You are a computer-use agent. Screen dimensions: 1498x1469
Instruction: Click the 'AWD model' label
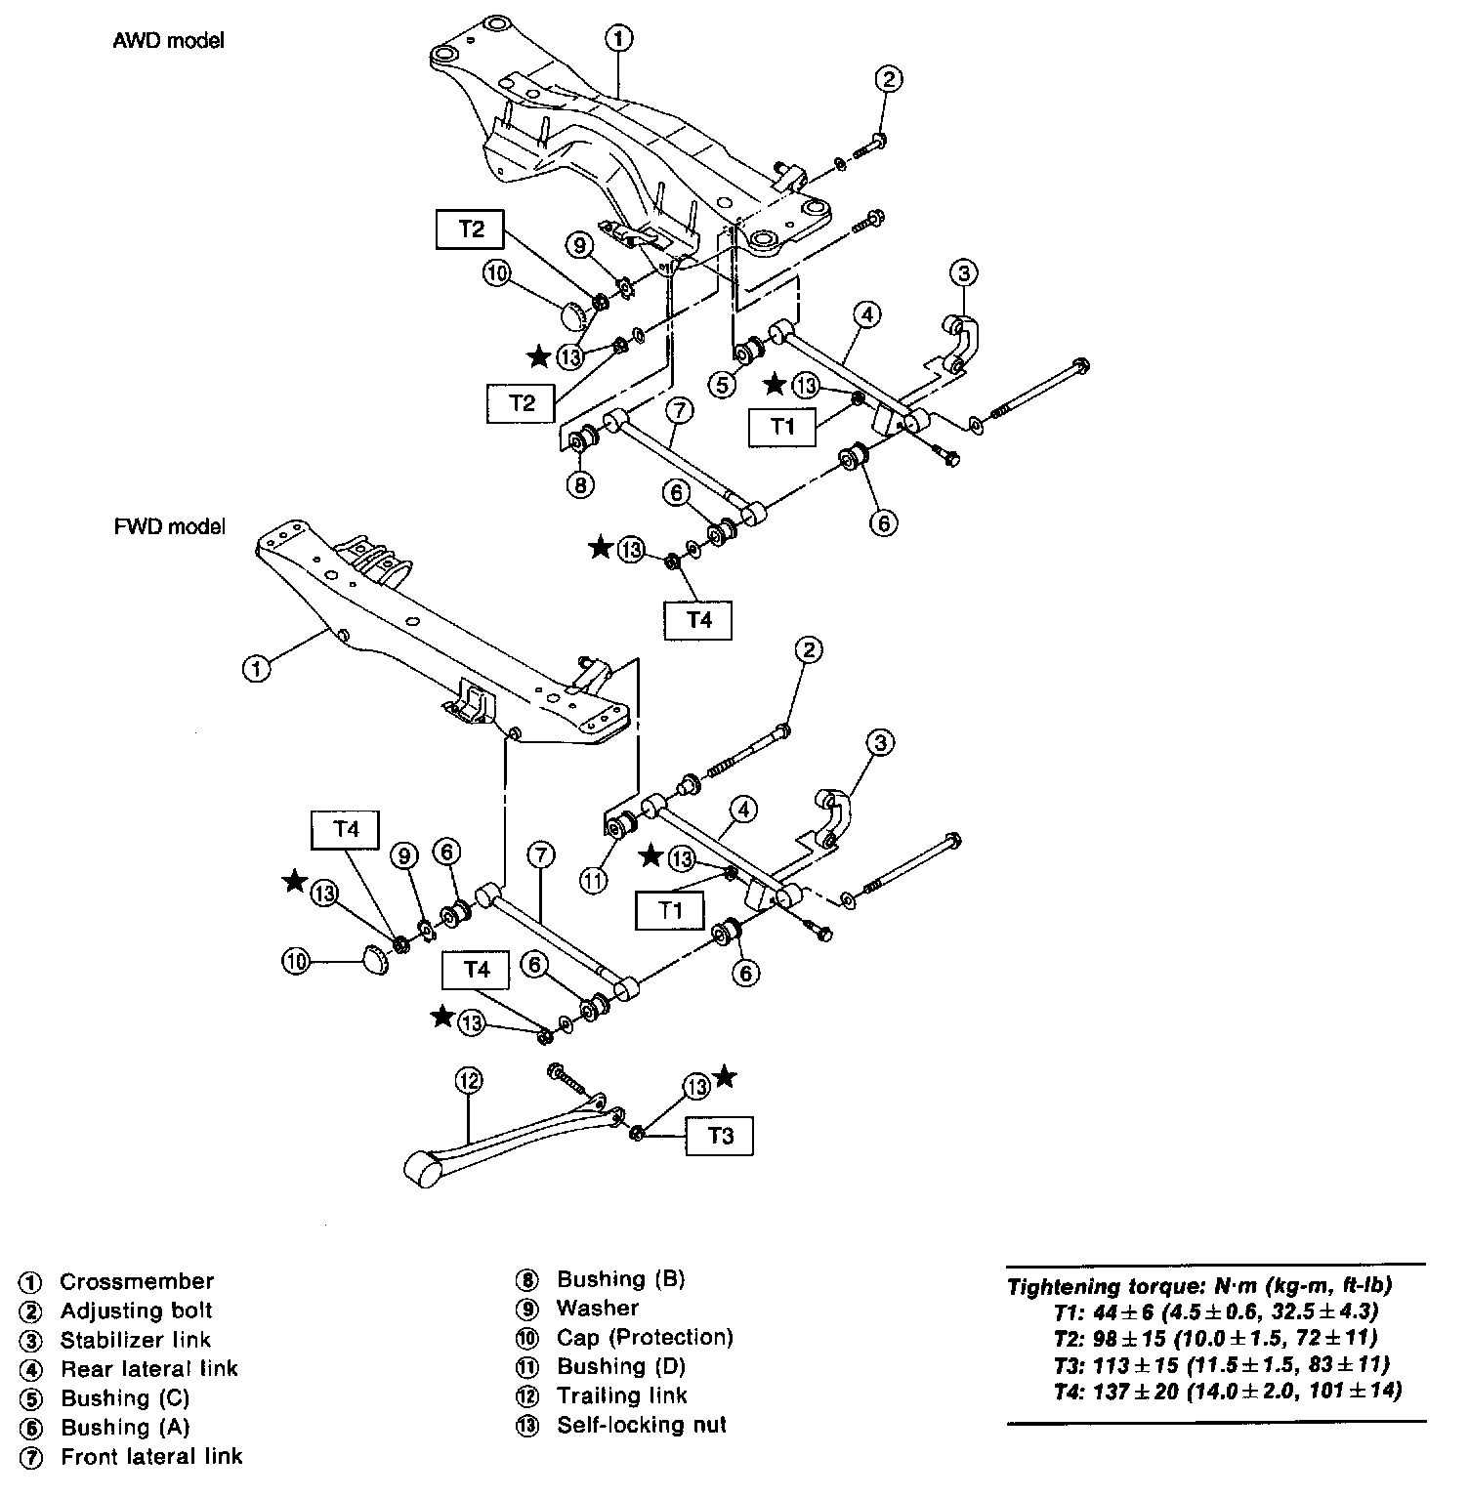pyautogui.click(x=169, y=41)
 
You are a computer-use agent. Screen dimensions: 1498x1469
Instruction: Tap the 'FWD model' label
pyautogui.click(x=169, y=526)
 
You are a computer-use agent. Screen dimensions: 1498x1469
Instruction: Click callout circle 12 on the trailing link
pyautogui.click(x=469, y=1080)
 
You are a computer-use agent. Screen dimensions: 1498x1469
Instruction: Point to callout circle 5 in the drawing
pyautogui.click(x=722, y=385)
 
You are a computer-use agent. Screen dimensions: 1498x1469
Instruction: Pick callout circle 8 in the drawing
pyautogui.click(x=580, y=484)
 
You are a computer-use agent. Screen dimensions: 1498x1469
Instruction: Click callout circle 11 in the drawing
pyautogui.click(x=594, y=879)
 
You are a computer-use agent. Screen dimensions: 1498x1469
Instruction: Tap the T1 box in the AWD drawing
pyautogui.click(x=782, y=426)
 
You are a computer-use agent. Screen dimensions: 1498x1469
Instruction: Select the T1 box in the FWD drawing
pyautogui.click(x=669, y=910)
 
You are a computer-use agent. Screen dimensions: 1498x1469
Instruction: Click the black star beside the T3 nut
pyautogui.click(x=724, y=1077)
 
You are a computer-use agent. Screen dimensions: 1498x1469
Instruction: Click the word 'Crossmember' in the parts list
pyautogui.click(x=136, y=1281)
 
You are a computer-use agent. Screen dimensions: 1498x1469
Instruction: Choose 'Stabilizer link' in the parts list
pyautogui.click(x=135, y=1340)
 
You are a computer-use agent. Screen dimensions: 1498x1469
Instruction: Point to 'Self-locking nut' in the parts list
pyautogui.click(x=642, y=1425)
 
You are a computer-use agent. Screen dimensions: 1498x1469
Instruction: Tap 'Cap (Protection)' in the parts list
pyautogui.click(x=645, y=1337)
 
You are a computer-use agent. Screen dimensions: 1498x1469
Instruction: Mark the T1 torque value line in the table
pyautogui.click(x=1216, y=1311)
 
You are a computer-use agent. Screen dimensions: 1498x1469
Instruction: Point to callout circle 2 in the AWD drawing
pyautogui.click(x=888, y=79)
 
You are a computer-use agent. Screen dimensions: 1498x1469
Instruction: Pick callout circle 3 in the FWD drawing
pyautogui.click(x=879, y=744)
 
